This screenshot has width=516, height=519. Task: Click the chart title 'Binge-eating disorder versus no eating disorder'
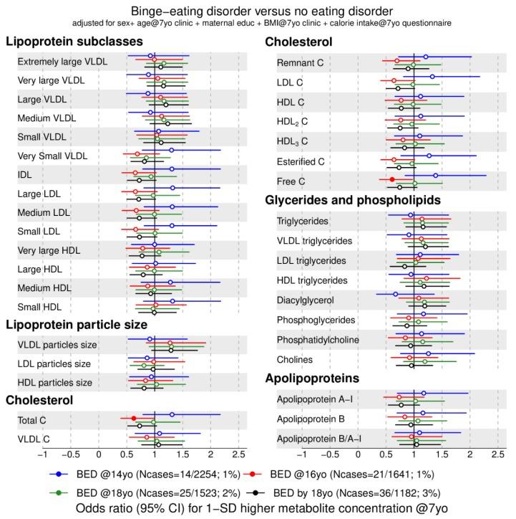[258, 11]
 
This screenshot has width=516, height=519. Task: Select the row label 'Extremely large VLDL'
[62, 61]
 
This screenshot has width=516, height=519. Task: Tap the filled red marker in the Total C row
[134, 419]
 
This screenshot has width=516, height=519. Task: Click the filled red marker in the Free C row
[391, 179]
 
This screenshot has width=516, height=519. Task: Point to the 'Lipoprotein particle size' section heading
[77, 325]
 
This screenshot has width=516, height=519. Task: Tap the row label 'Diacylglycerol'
[306, 300]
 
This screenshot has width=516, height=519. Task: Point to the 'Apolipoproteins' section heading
[312, 378]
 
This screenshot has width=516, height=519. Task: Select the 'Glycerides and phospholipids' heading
[353, 200]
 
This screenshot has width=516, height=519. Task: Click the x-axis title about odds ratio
[258, 508]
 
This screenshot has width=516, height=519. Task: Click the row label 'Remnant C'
[301, 63]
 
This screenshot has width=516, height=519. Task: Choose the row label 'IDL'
[26, 174]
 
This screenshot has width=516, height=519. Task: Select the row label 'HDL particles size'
[55, 382]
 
